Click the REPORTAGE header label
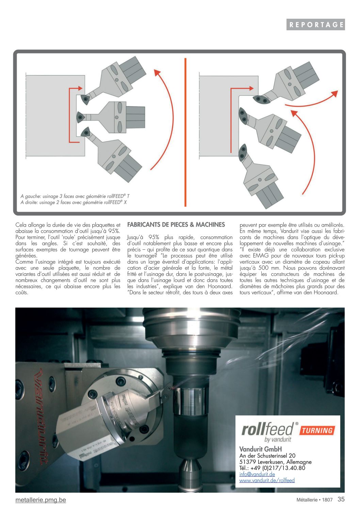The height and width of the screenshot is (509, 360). point(316,24)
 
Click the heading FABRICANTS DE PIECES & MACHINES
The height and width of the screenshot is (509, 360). point(176,225)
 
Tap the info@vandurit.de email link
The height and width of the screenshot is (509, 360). point(257,474)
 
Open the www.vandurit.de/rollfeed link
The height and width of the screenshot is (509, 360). point(267,480)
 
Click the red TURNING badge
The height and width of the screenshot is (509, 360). point(317,430)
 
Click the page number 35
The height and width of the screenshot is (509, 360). point(341,499)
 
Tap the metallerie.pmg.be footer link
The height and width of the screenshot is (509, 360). point(41,500)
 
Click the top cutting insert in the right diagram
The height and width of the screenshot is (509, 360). point(261,100)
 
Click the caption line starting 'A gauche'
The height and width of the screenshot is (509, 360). point(75,196)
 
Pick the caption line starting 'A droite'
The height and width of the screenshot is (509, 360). point(73,202)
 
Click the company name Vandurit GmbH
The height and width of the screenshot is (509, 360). point(260,449)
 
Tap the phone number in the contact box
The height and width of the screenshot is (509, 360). point(272,468)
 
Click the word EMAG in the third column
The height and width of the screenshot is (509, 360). point(261,256)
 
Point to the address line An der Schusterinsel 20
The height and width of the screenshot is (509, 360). point(267,456)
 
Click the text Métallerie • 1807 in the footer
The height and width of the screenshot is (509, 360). point(314,500)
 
